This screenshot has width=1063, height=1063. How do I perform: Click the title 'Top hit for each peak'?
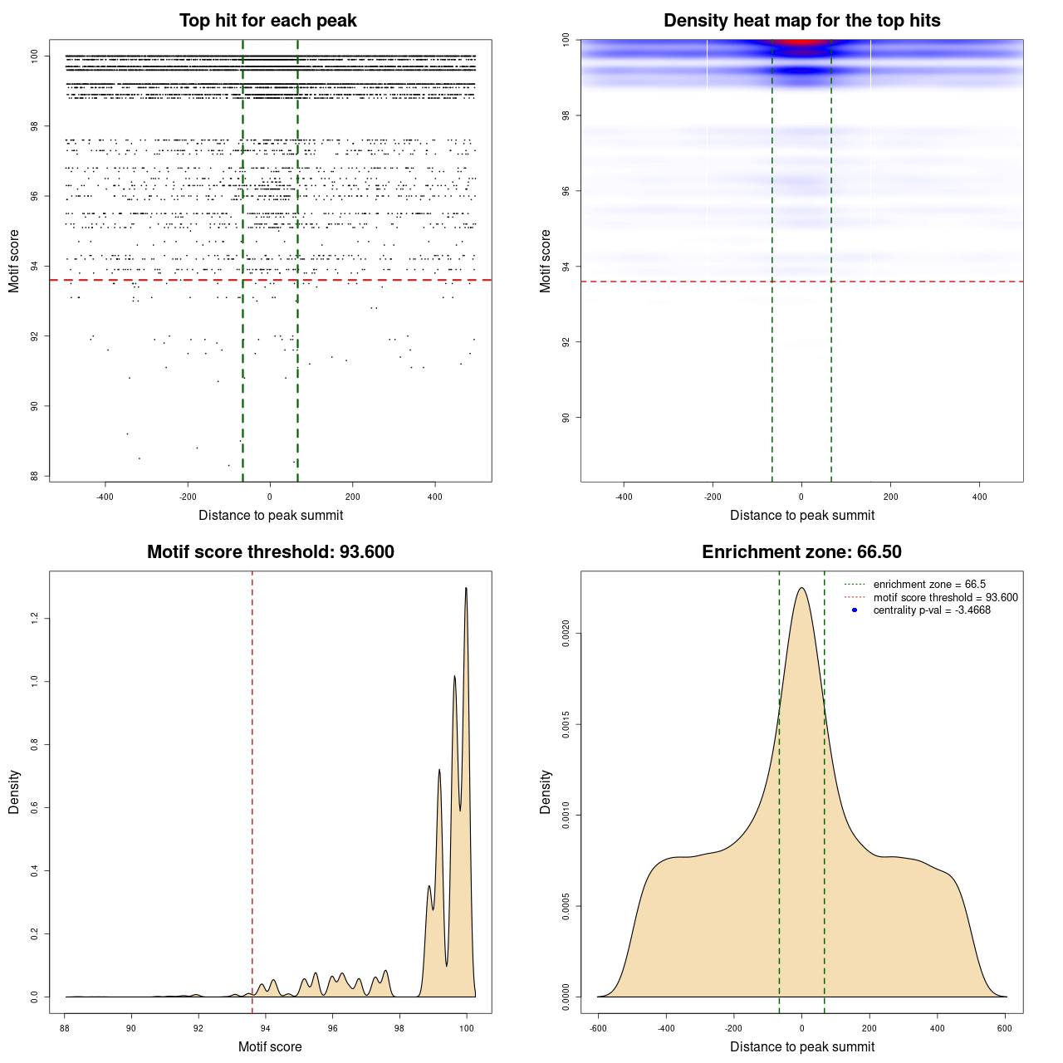pos(267,21)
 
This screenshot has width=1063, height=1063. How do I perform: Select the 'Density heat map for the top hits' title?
pos(801,21)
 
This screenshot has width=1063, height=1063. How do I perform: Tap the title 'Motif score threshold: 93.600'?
pos(270,552)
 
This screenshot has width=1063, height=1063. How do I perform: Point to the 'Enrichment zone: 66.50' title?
pos(801,552)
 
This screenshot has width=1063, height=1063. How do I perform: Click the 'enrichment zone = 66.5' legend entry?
pos(929,585)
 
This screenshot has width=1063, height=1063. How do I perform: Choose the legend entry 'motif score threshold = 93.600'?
pos(945,597)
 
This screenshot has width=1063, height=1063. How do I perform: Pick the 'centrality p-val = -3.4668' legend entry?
pos(932,610)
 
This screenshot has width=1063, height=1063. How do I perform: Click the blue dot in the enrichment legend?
pos(855,610)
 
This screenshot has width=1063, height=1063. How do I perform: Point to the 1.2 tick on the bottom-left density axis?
pos(34,619)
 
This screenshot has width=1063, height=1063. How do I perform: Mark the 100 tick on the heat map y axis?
pos(566,39)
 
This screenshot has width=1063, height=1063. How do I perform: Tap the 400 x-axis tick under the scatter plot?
pos(434,497)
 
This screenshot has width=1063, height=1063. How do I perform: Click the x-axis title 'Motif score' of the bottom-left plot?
pos(270,1046)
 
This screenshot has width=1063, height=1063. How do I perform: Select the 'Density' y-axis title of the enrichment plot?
pos(546,791)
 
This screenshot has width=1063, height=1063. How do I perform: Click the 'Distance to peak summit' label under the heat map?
pos(801,515)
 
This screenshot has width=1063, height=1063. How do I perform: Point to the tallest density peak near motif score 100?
pos(466,589)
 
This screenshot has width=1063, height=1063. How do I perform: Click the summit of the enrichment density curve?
pos(801,589)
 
